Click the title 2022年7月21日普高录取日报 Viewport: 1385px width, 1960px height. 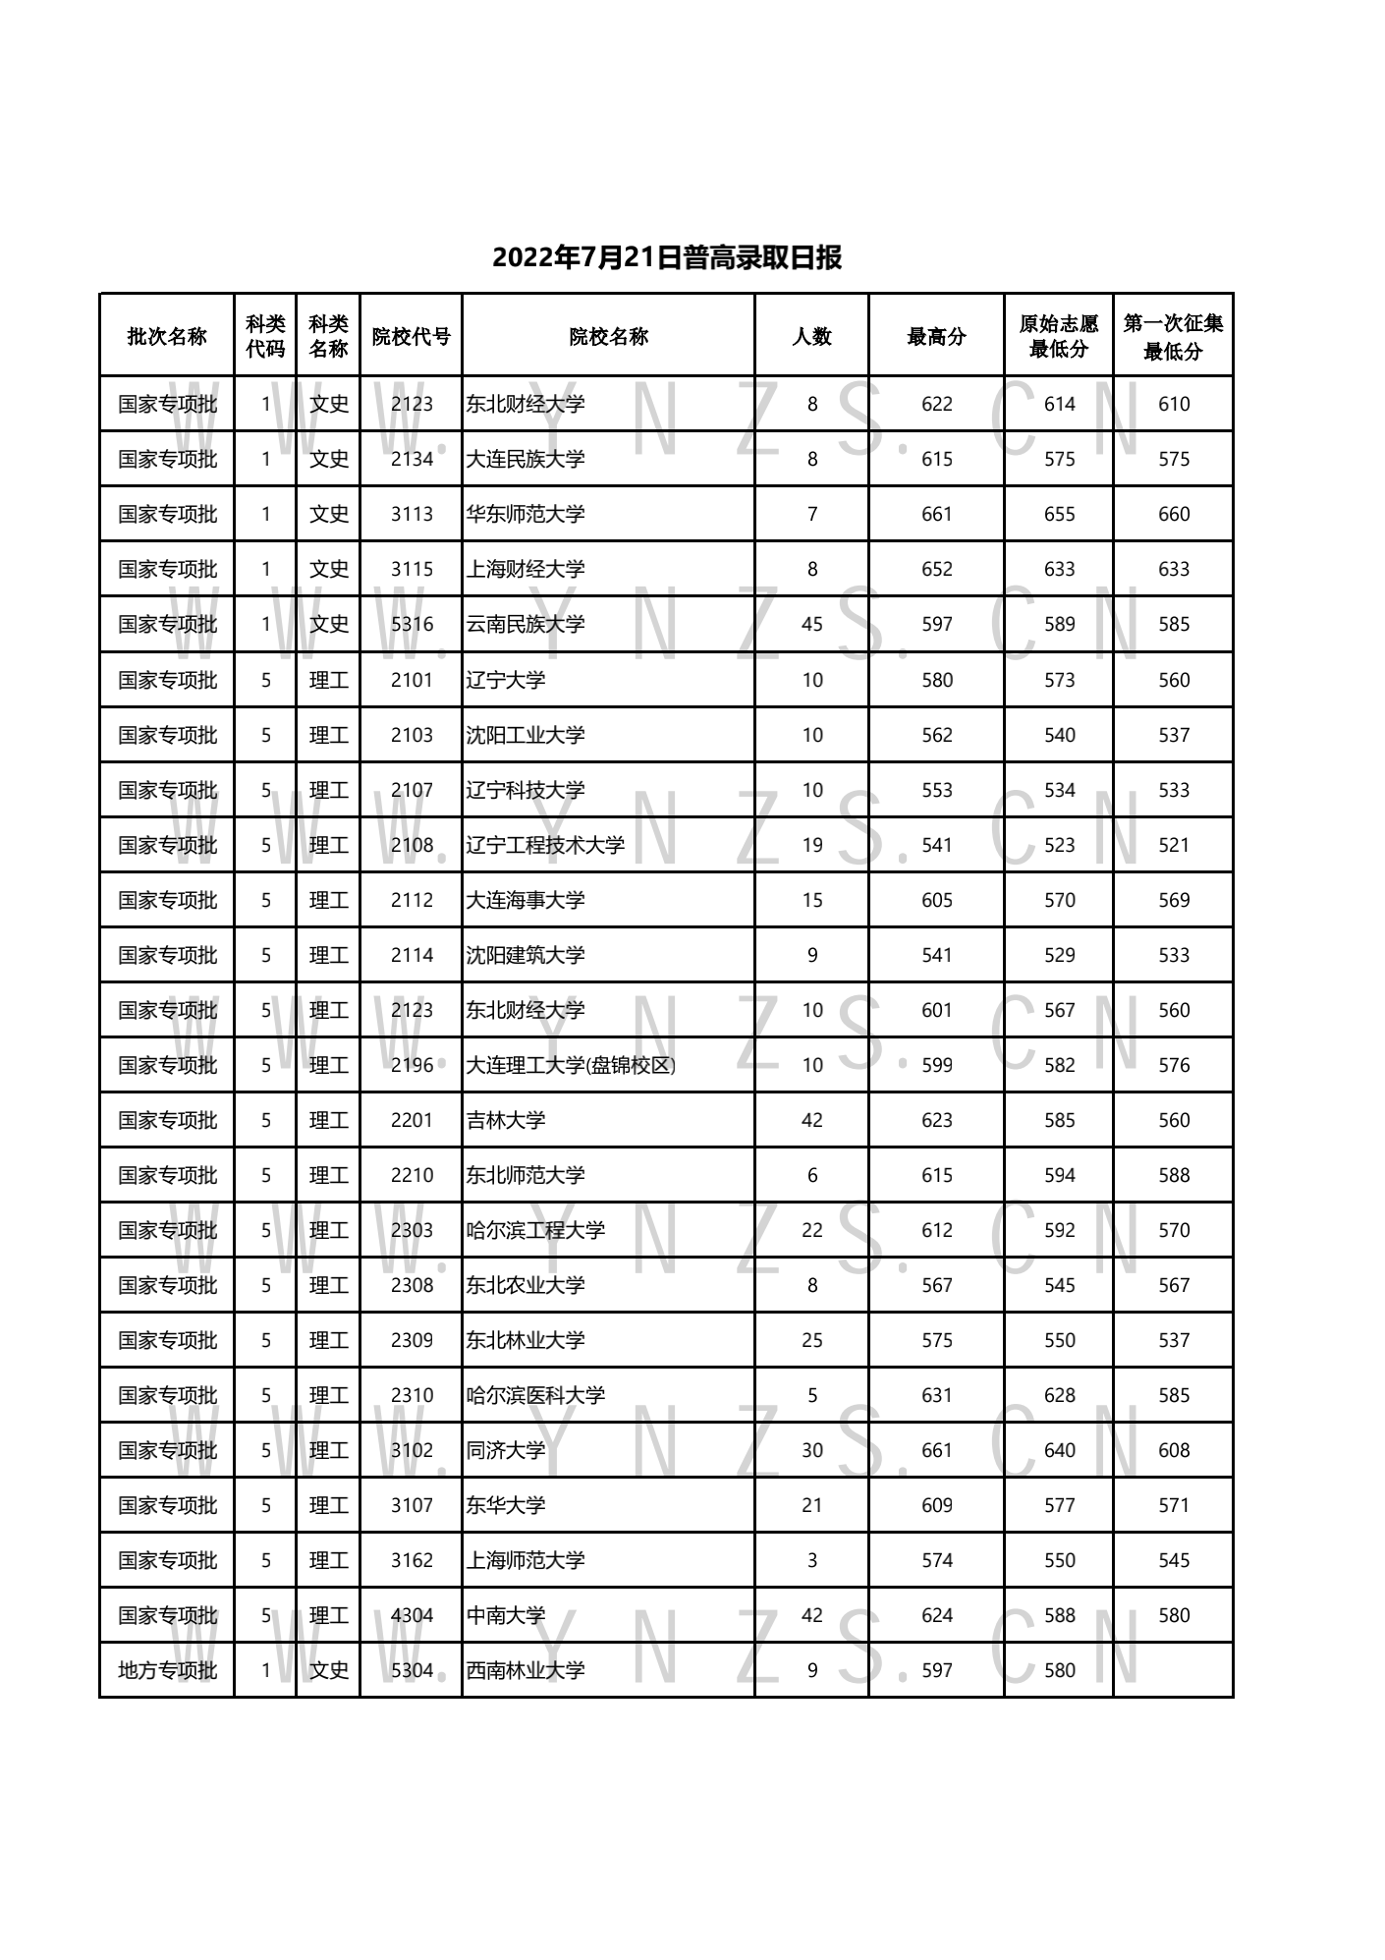[667, 258]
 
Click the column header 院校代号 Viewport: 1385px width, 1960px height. [411, 337]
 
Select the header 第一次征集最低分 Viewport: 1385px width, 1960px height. [1173, 337]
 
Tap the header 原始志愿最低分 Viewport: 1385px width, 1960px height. [1059, 337]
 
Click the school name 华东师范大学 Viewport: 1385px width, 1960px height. [526, 514]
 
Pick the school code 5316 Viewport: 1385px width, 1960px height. [412, 624]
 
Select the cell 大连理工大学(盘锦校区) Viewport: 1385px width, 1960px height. [571, 1065]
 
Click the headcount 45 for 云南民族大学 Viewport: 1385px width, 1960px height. [811, 624]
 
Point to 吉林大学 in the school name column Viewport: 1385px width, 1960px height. [506, 1120]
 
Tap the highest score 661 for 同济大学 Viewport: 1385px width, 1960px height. [937, 1450]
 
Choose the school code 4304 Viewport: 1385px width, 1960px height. [412, 1615]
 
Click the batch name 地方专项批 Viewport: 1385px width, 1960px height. [167, 1670]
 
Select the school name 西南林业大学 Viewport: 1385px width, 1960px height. [526, 1670]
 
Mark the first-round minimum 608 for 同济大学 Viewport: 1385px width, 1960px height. [1174, 1450]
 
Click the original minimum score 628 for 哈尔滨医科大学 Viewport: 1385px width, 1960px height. [1060, 1395]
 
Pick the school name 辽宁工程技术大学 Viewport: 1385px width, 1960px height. [545, 845]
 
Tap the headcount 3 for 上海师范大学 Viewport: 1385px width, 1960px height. [811, 1560]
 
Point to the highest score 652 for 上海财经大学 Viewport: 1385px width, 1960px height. [937, 569]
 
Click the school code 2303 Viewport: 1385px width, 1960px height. [412, 1230]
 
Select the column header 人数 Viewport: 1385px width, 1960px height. [811, 337]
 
